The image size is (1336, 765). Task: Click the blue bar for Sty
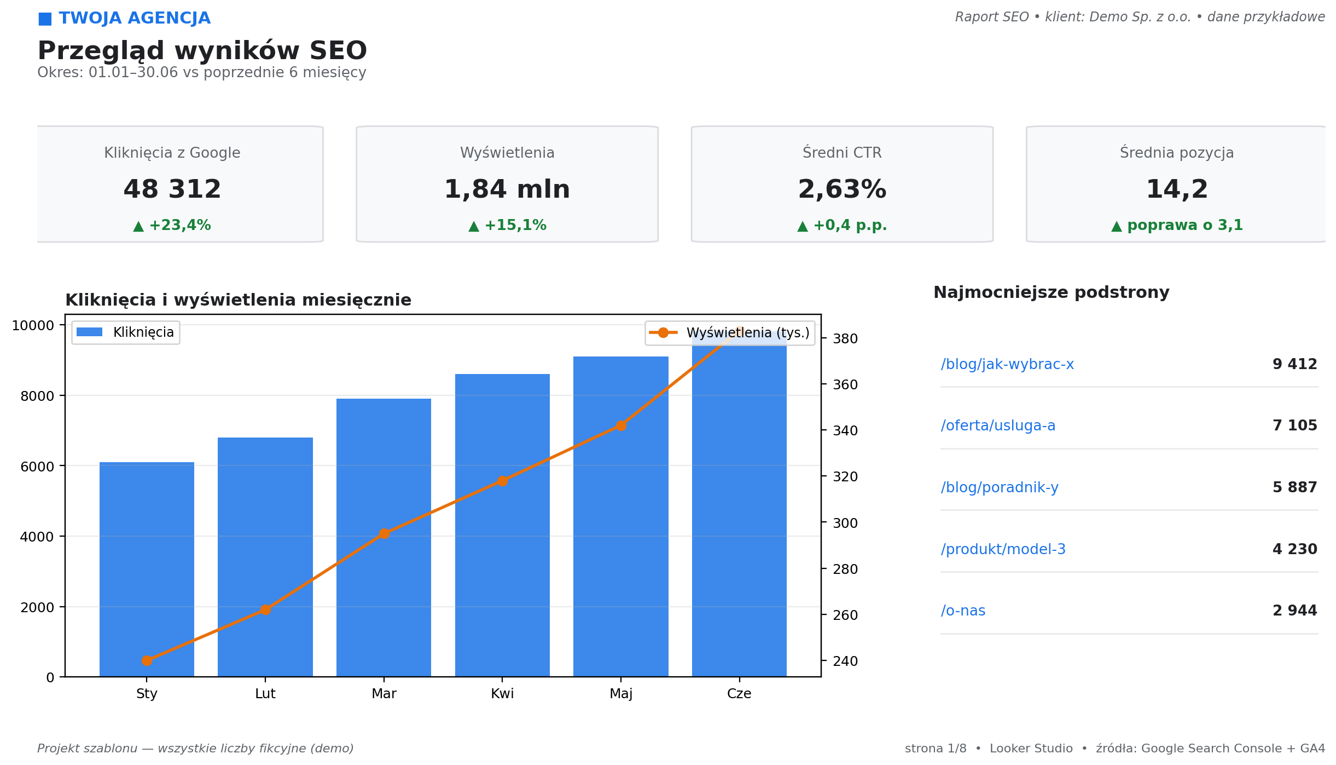tap(147, 570)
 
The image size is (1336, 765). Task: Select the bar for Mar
tap(384, 538)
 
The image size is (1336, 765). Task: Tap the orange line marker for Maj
tap(621, 425)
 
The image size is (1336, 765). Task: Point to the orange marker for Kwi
tap(502, 481)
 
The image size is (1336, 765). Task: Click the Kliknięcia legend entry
tap(125, 332)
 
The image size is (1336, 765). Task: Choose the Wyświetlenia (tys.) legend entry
tap(730, 333)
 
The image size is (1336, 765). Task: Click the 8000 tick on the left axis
tap(37, 396)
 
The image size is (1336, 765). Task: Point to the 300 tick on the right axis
tap(845, 523)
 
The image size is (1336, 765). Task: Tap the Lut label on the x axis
tap(265, 694)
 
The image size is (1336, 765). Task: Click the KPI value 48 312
tap(172, 189)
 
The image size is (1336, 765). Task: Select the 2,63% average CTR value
tap(842, 189)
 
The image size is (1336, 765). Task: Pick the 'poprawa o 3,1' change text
tap(1185, 225)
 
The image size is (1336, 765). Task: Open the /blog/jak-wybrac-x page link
tap(1007, 364)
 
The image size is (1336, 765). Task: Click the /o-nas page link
tap(963, 611)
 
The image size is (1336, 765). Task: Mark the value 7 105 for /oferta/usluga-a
tap(1295, 425)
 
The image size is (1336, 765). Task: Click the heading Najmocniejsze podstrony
tap(1051, 292)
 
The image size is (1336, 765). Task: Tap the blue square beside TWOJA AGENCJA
tap(45, 19)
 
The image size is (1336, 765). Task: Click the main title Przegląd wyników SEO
tap(202, 51)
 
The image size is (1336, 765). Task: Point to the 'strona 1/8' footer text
tap(936, 749)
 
